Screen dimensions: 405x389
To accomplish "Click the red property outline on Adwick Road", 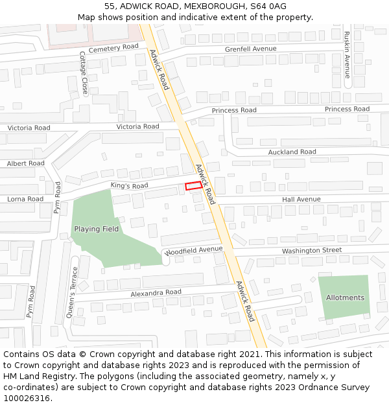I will coord(193,186).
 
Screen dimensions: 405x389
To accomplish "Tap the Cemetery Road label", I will coord(114,48).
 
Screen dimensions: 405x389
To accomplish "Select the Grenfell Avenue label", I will coord(250,49).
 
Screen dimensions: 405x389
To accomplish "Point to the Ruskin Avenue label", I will coord(347,55).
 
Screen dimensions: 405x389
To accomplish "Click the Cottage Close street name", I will coord(83,73).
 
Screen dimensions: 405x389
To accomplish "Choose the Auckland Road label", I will coord(292,152).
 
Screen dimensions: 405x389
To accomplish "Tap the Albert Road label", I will coord(26,163).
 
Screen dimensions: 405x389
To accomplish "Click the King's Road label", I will coord(129,186).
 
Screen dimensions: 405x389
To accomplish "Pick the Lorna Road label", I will coord(25,199).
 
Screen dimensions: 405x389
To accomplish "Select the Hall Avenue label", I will coord(301,199).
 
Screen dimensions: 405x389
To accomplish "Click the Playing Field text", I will coord(96,229).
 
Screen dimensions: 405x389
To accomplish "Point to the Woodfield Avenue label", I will coord(194,250).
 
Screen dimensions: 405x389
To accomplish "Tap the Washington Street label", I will coord(311,250).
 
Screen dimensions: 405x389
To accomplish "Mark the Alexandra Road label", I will coord(156,292).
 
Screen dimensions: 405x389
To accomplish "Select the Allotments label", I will coord(345,297).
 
